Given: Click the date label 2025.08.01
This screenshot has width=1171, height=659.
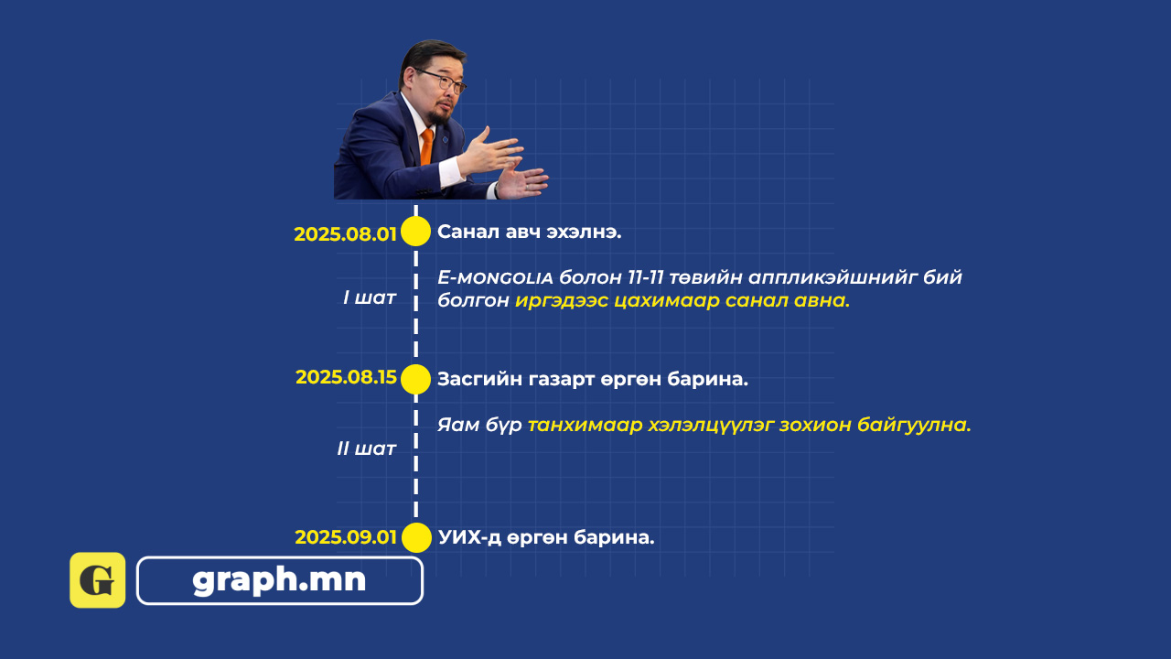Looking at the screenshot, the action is [x=345, y=234].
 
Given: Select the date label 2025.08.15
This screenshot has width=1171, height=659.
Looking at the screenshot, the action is [x=346, y=377].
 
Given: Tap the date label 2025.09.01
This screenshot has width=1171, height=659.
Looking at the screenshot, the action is [x=346, y=537].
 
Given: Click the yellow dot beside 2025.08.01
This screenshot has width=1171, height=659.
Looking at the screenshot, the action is [x=415, y=232].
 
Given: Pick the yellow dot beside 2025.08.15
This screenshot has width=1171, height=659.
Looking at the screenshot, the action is [x=415, y=379].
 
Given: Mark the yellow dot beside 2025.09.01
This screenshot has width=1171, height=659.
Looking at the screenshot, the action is [x=416, y=537].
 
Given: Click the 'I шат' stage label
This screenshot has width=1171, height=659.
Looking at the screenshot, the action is [x=370, y=297].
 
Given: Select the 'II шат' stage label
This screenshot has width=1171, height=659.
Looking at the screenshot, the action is [x=367, y=448].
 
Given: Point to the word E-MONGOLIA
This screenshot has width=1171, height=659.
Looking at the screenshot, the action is [x=495, y=277].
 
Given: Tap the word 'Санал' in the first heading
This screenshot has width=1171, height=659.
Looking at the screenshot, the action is [x=467, y=232].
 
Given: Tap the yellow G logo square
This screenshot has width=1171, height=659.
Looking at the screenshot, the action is [x=98, y=580].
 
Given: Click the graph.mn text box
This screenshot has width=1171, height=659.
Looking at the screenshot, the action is [x=280, y=580].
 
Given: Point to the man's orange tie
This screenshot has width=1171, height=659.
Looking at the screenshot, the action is [x=426, y=146].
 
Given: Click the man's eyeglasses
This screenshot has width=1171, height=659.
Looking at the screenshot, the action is [x=442, y=81].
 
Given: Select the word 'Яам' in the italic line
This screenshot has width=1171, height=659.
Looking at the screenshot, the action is [x=458, y=425].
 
